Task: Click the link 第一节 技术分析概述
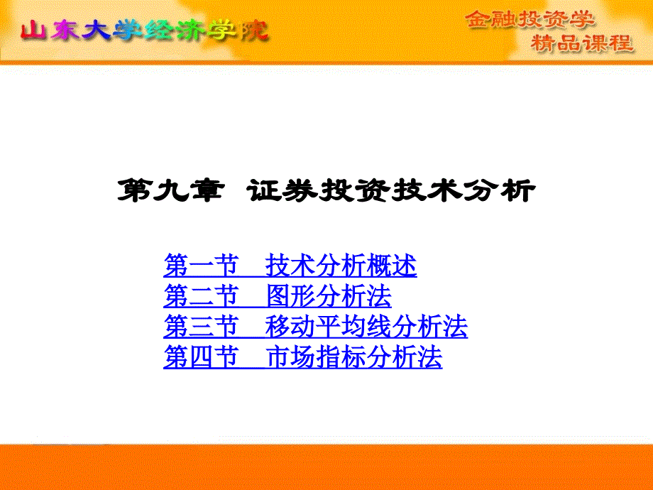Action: click(290, 266)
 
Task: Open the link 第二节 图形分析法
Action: click(278, 296)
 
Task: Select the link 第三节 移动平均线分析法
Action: click(315, 326)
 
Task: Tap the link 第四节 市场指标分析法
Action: click(303, 356)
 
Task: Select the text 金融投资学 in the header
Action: click(529, 19)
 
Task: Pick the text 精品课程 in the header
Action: click(582, 43)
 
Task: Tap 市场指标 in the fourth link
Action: click(316, 356)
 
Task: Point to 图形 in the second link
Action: click(290, 296)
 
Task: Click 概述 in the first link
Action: click(392, 266)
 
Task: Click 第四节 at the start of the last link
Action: click(201, 356)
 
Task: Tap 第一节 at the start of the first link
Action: click(201, 266)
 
